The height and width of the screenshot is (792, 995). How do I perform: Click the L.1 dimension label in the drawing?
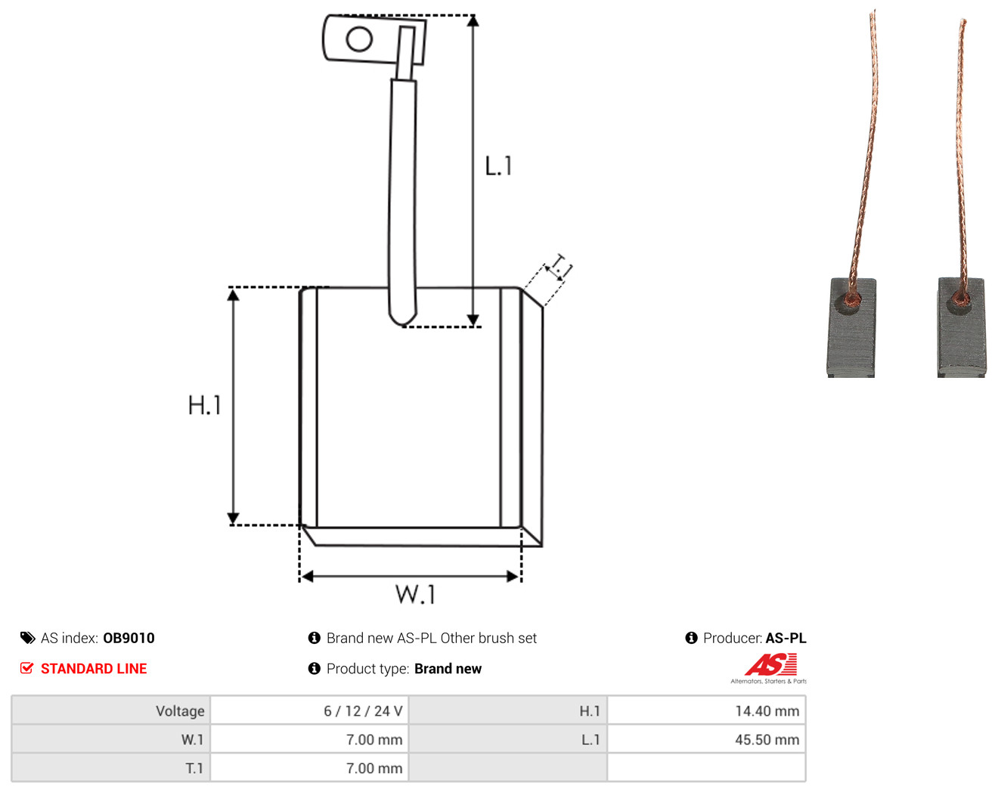click(498, 166)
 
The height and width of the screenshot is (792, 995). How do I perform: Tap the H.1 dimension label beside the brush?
click(204, 405)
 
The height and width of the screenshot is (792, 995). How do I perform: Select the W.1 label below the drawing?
click(415, 594)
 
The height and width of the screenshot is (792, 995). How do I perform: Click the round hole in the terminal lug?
click(359, 39)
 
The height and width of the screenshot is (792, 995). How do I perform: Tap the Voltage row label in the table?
click(180, 710)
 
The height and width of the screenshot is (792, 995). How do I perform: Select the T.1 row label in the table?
click(194, 768)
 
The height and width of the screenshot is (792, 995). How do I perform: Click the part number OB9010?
click(129, 638)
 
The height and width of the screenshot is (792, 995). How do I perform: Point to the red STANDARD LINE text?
click(94, 669)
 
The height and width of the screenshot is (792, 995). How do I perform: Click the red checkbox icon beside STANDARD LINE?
click(26, 668)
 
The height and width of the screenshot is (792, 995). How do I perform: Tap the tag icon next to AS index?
click(28, 638)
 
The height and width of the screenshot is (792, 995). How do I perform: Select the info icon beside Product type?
click(314, 668)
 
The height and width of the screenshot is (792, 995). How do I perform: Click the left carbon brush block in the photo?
click(851, 327)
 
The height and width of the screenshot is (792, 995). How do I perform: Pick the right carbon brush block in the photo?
click(961, 327)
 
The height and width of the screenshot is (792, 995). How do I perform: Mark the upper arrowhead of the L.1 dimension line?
click(473, 21)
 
